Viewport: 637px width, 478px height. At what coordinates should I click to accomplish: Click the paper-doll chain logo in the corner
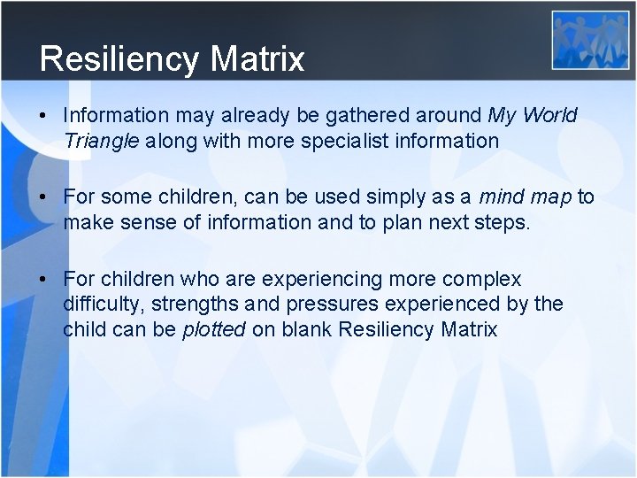click(590, 40)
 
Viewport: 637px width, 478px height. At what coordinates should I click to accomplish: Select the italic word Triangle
click(102, 140)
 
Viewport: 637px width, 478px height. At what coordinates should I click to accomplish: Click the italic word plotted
click(214, 329)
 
